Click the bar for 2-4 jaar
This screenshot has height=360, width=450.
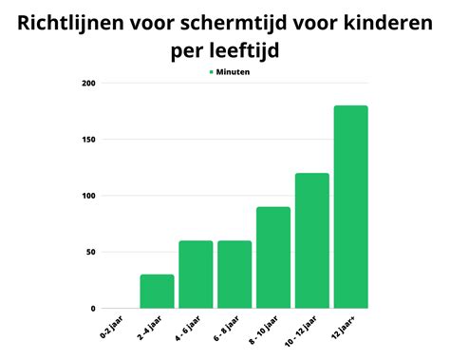(157, 292)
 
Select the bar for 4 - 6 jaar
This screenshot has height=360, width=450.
(196, 275)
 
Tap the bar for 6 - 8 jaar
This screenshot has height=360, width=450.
(234, 275)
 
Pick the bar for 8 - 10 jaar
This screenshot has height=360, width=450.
(273, 257)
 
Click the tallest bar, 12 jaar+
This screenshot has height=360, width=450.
(350, 206)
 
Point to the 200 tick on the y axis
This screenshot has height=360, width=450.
(88, 84)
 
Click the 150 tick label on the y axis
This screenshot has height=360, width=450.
(88, 140)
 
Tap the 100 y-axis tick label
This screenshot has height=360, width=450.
(88, 196)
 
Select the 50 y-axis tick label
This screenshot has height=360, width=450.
(91, 252)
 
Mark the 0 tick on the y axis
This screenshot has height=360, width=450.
(94, 309)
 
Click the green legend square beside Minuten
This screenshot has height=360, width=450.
(210, 71)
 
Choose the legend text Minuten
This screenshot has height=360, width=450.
(234, 71)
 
